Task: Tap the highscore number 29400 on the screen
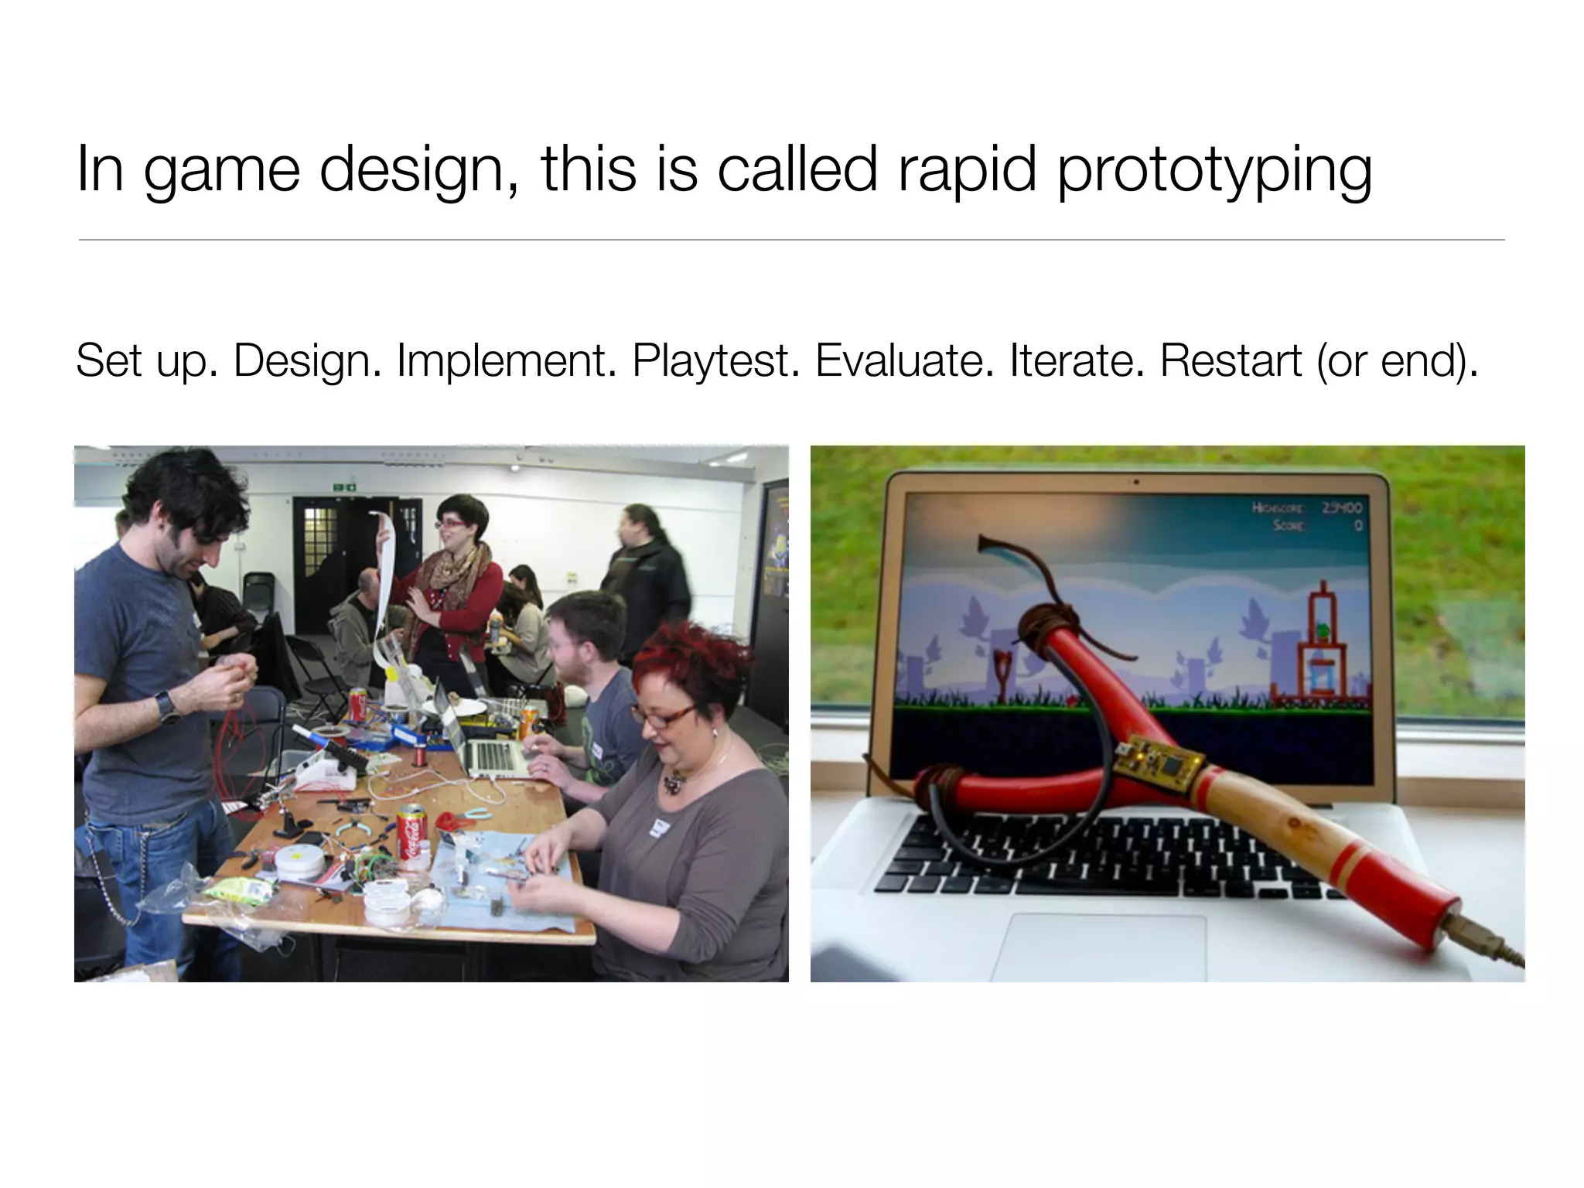1342,508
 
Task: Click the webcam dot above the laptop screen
1136,483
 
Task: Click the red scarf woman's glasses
449,524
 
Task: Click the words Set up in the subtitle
147,361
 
